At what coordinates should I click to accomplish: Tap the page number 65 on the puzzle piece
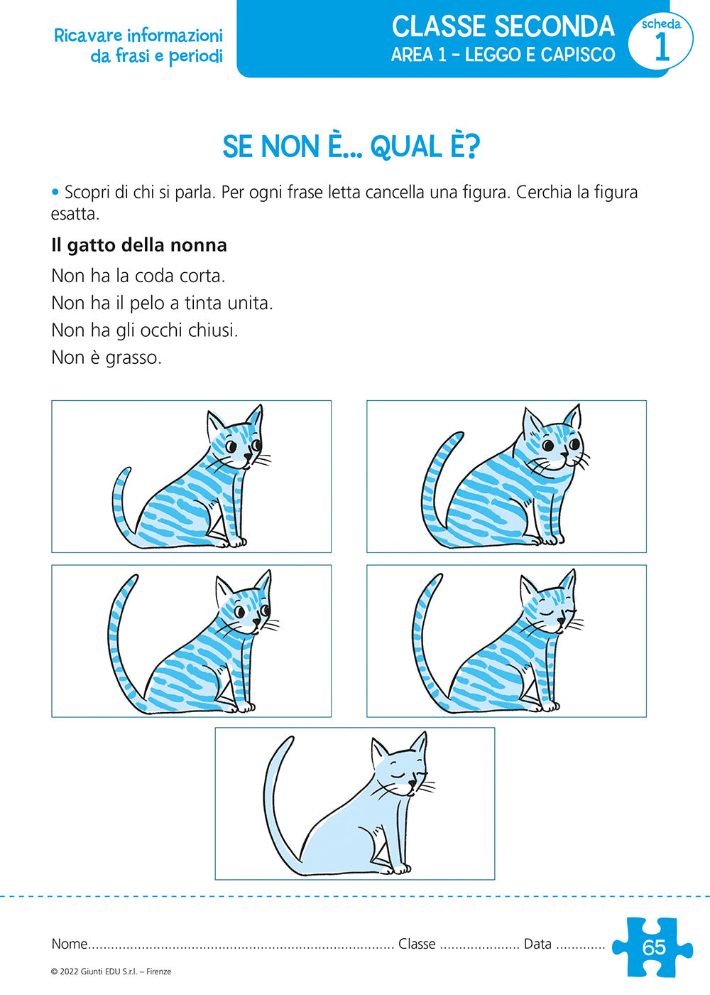(654, 947)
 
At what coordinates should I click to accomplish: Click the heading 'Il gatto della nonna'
(139, 244)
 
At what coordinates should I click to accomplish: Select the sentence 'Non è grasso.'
(106, 357)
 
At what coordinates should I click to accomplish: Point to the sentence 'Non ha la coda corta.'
(138, 276)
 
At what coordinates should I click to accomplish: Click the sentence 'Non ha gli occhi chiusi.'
(145, 330)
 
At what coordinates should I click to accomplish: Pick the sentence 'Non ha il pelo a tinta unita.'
(162, 303)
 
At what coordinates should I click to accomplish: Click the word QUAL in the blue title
(406, 146)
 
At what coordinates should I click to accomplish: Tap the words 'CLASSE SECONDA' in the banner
(503, 26)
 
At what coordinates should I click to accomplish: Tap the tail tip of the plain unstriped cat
(290, 740)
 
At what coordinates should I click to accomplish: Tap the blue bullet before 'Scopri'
(55, 193)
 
